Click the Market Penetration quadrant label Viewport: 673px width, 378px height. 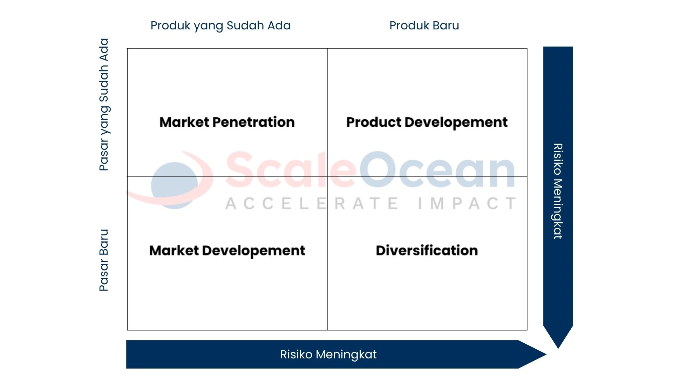coord(227,122)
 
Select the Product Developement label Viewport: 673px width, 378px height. coord(427,122)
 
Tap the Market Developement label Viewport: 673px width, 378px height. coord(227,251)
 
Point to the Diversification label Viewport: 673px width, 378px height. coord(427,251)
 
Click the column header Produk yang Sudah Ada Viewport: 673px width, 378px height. coord(220,26)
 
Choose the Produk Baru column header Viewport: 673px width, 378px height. coord(424,26)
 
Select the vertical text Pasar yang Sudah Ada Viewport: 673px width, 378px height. coord(104,104)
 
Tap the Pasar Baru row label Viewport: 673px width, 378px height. coord(104,260)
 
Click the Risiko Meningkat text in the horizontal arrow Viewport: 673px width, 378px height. coord(328,355)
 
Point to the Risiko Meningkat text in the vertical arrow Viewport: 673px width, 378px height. coord(558,191)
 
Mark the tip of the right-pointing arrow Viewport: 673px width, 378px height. coord(546,355)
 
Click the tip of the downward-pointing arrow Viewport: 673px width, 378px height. coord(558,348)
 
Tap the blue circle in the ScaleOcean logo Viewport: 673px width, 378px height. coord(175,185)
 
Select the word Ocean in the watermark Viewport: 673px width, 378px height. coord(436,170)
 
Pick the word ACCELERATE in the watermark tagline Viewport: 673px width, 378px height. coord(312,204)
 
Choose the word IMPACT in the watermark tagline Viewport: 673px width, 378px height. coord(467,204)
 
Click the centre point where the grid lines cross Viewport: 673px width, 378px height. coord(327,177)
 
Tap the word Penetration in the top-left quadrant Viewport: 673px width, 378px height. coord(253,122)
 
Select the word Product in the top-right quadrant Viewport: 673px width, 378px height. coord(374,122)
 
